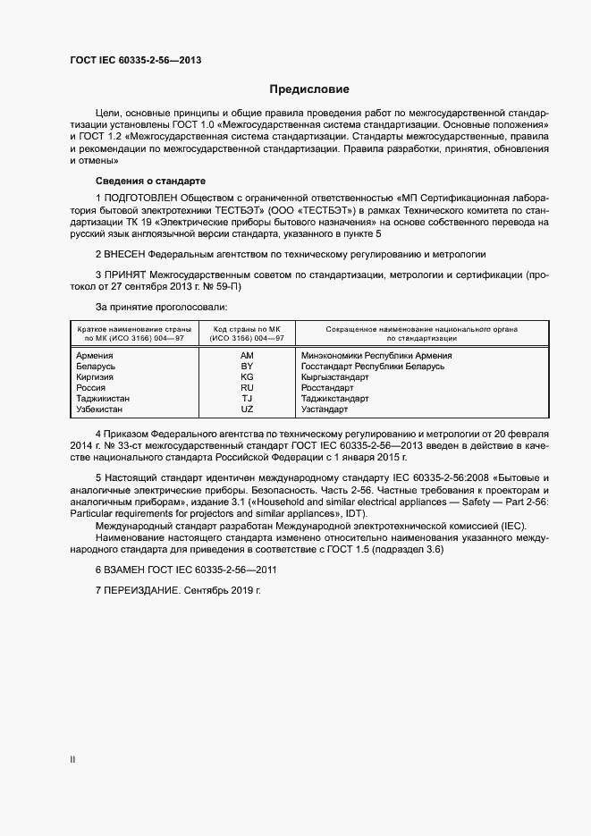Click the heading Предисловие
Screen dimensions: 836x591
click(309, 89)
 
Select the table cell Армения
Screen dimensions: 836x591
click(95, 355)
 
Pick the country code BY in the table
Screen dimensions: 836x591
click(247, 367)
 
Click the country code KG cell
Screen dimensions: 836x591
click(247, 377)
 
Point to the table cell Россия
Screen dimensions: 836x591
click(92, 388)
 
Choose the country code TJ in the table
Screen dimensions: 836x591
click(247, 399)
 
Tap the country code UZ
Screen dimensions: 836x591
click(247, 410)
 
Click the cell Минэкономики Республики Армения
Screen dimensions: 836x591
click(376, 355)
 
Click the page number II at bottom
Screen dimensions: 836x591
click(72, 760)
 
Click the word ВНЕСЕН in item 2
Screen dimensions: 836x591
click(130, 254)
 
